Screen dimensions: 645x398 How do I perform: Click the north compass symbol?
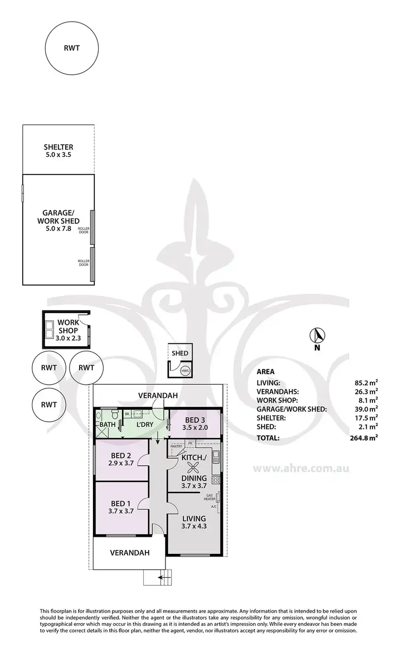coord(317,335)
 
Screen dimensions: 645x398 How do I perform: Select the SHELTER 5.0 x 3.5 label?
coord(58,151)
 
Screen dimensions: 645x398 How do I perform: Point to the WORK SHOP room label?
coord(68,326)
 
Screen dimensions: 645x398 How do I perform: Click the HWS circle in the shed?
coord(185,370)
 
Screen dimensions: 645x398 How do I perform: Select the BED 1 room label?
coord(122,507)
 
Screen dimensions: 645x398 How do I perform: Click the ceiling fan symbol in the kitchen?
coord(194,467)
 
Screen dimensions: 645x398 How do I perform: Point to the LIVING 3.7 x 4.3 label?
coord(194,522)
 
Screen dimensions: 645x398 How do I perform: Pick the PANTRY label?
coord(176,446)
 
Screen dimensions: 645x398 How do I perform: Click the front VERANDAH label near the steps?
coord(130,552)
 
